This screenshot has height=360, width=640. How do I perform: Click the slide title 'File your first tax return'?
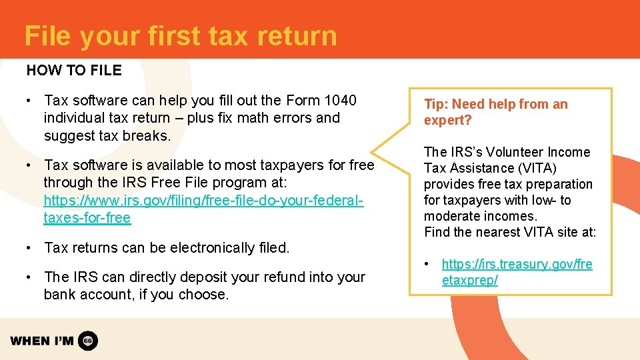point(180,36)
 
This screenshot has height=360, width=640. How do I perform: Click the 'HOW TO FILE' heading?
point(74,70)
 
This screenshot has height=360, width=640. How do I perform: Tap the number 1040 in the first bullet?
point(340,101)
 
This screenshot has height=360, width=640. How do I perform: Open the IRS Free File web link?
point(203,200)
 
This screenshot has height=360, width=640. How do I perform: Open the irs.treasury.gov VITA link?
point(517,272)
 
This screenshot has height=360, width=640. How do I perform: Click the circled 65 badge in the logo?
point(88,341)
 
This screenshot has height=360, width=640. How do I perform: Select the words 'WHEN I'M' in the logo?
point(41,341)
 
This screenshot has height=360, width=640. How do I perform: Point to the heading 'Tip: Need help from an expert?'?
point(495,112)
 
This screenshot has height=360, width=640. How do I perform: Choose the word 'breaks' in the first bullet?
point(147,136)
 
